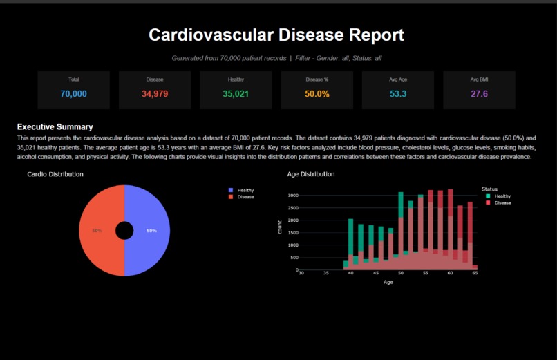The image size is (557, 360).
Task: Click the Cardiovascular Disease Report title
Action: [x=276, y=35]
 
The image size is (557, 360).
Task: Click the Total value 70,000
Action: [x=73, y=94]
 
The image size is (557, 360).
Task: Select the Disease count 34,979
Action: [x=155, y=94]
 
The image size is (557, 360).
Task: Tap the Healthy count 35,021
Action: [x=236, y=94]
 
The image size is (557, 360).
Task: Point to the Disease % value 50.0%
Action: [x=317, y=94]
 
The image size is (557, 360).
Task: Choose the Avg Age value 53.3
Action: [x=398, y=94]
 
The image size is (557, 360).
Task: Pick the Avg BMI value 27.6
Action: [x=479, y=94]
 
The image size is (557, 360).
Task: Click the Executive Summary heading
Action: [x=55, y=127]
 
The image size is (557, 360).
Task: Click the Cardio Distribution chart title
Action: [x=55, y=174]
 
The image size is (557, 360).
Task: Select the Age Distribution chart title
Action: [x=311, y=174]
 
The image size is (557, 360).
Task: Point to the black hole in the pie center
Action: [x=124, y=230]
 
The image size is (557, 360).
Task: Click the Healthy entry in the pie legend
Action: [x=245, y=190]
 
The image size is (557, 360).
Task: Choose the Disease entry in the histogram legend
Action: [x=502, y=203]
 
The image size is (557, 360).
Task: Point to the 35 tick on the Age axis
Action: [x=325, y=274]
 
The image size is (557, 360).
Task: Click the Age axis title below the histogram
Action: [x=388, y=282]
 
